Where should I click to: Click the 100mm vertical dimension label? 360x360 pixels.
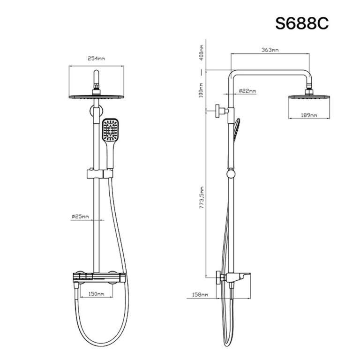click(x=200, y=90)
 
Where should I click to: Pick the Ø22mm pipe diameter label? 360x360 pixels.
click(x=247, y=90)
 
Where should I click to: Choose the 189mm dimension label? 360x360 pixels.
click(x=308, y=115)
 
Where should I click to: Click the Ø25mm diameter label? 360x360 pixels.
click(x=81, y=216)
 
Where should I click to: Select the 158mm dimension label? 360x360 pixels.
click(x=200, y=295)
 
